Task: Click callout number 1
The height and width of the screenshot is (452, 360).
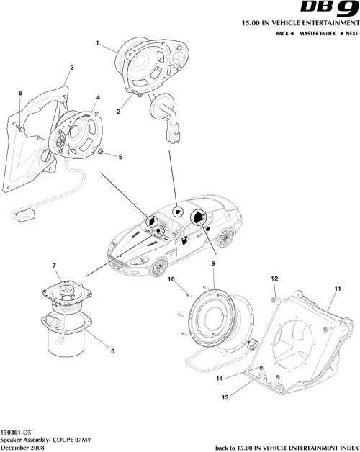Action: (97, 45)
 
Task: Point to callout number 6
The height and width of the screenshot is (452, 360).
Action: (20, 93)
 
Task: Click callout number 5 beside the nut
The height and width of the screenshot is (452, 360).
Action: (120, 156)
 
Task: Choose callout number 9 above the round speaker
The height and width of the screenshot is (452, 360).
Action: (213, 264)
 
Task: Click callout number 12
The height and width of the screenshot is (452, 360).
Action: (274, 278)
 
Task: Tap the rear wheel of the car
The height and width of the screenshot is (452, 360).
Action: (228, 237)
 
